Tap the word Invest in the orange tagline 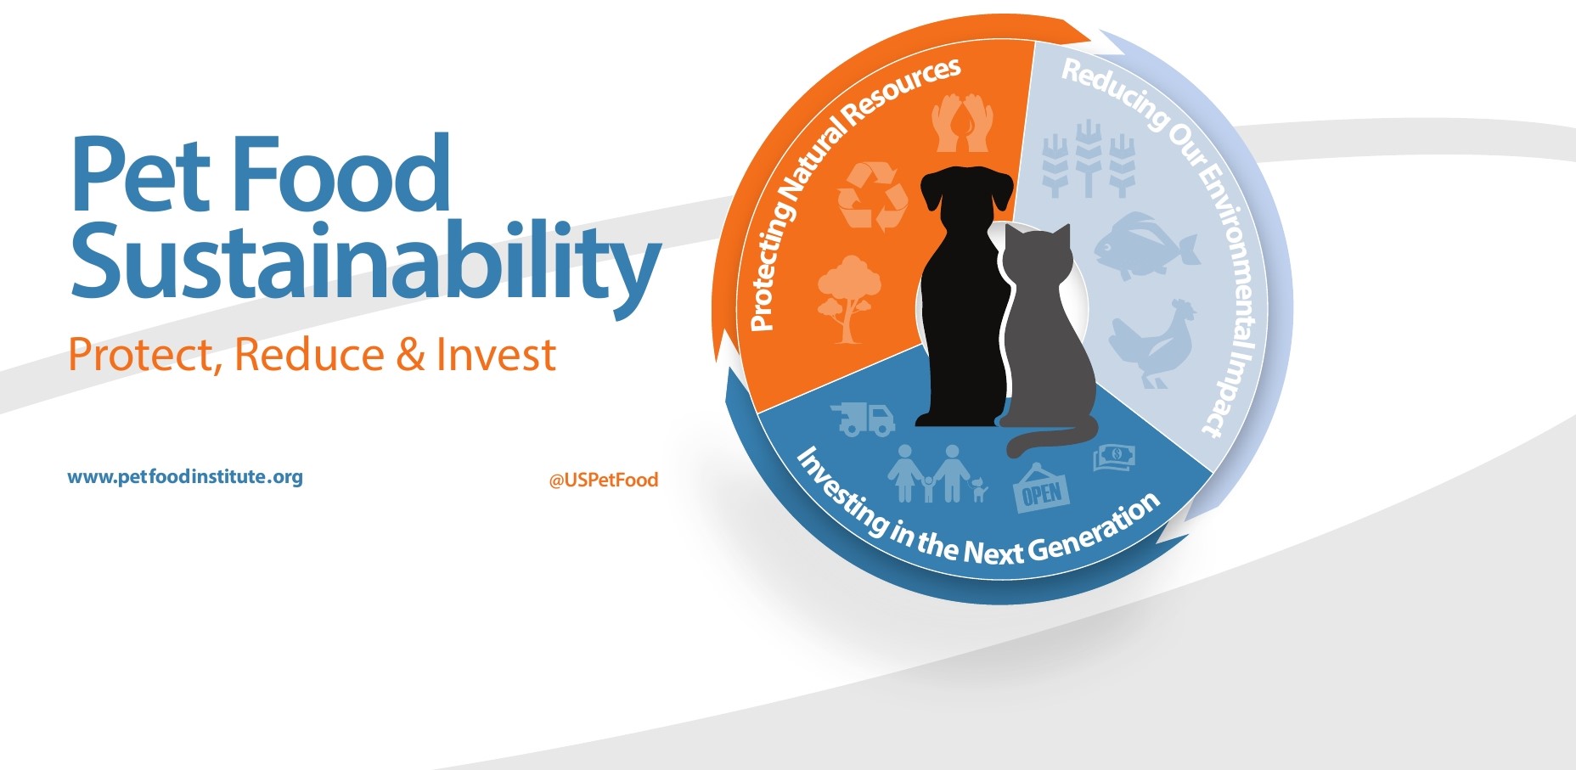click(x=496, y=354)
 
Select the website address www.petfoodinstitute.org click(x=185, y=477)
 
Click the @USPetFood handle click(x=604, y=481)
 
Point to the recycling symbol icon click(x=872, y=196)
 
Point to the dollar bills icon click(x=1114, y=458)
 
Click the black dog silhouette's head click(x=967, y=193)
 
